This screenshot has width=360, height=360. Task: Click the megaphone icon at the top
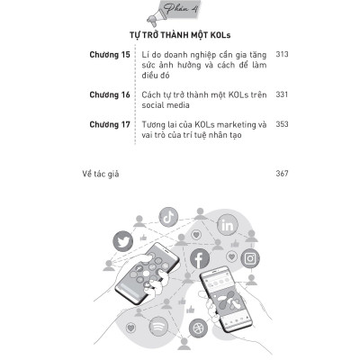[x=156, y=17]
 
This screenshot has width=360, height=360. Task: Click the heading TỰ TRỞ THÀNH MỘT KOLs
[x=180, y=35]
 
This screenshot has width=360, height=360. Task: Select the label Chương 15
[x=110, y=55]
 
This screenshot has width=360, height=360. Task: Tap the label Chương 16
[x=110, y=94]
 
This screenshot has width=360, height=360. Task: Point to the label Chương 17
[x=110, y=124]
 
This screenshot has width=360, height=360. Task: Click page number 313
[x=282, y=54]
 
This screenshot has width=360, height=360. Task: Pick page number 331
[x=282, y=94]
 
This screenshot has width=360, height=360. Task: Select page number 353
[x=282, y=124]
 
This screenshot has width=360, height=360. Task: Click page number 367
[x=282, y=173]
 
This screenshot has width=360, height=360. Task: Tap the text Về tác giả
[x=101, y=174]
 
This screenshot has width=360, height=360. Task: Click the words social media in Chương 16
[x=166, y=105]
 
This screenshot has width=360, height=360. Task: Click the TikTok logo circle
[x=168, y=217]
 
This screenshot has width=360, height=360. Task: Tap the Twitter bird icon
[x=123, y=241]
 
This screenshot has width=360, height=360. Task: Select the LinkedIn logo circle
[x=227, y=226]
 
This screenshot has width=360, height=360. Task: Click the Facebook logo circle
[x=200, y=258]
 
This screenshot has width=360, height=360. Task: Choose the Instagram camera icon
[x=250, y=258]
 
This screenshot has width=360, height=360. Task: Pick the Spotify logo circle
[x=158, y=326]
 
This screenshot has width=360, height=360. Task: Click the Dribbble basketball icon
[x=199, y=328]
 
